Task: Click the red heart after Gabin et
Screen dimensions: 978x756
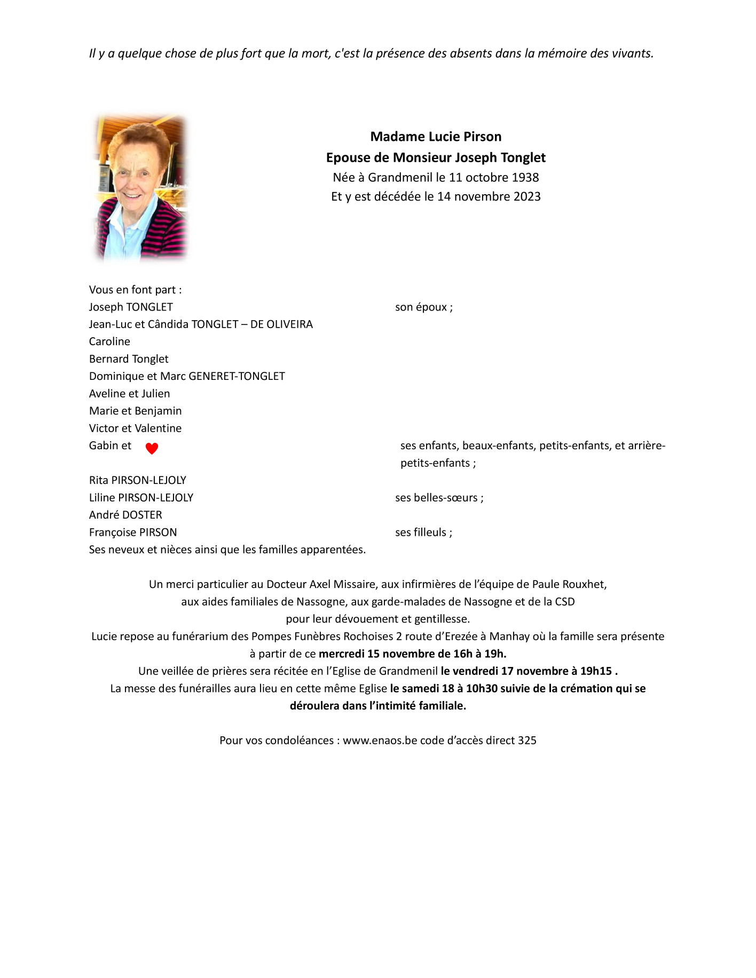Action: (x=152, y=449)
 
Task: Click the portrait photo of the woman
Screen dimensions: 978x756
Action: (x=140, y=188)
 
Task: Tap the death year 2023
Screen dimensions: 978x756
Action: (x=527, y=197)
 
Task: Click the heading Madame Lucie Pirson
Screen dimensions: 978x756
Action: (x=436, y=137)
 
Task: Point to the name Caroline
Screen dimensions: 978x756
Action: (x=109, y=341)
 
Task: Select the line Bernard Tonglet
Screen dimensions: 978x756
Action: (x=129, y=359)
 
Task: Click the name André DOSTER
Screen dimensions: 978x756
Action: (x=125, y=515)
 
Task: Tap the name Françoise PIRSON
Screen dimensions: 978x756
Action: (x=133, y=532)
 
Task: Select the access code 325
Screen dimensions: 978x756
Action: (x=527, y=741)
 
